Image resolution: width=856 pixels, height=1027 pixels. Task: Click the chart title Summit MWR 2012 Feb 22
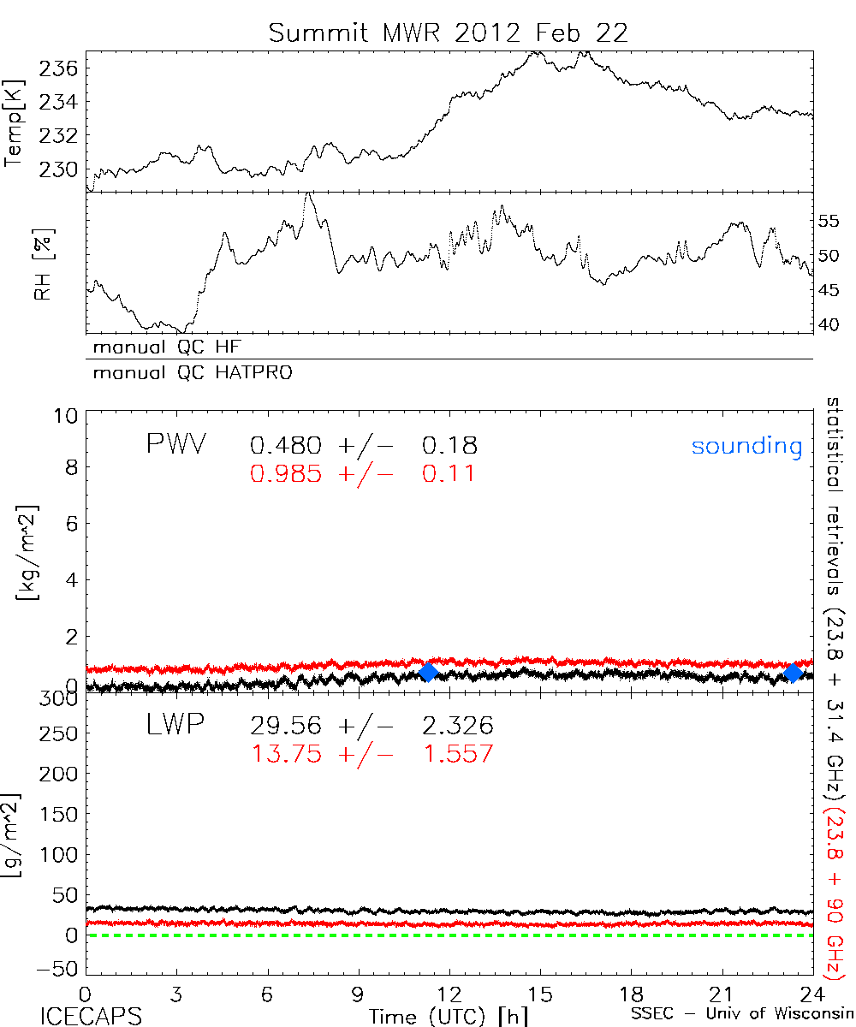449,33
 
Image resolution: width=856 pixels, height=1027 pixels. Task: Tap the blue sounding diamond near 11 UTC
429,672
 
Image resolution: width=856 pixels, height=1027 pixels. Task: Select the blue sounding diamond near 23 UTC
794,672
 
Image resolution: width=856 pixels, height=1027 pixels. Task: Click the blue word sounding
747,446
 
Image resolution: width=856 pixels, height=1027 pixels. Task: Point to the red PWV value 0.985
286,472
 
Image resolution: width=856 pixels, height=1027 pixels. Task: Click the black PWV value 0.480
286,445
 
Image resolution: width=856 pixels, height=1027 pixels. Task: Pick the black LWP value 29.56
286,727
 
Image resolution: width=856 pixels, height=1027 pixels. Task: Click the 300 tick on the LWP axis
60,698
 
